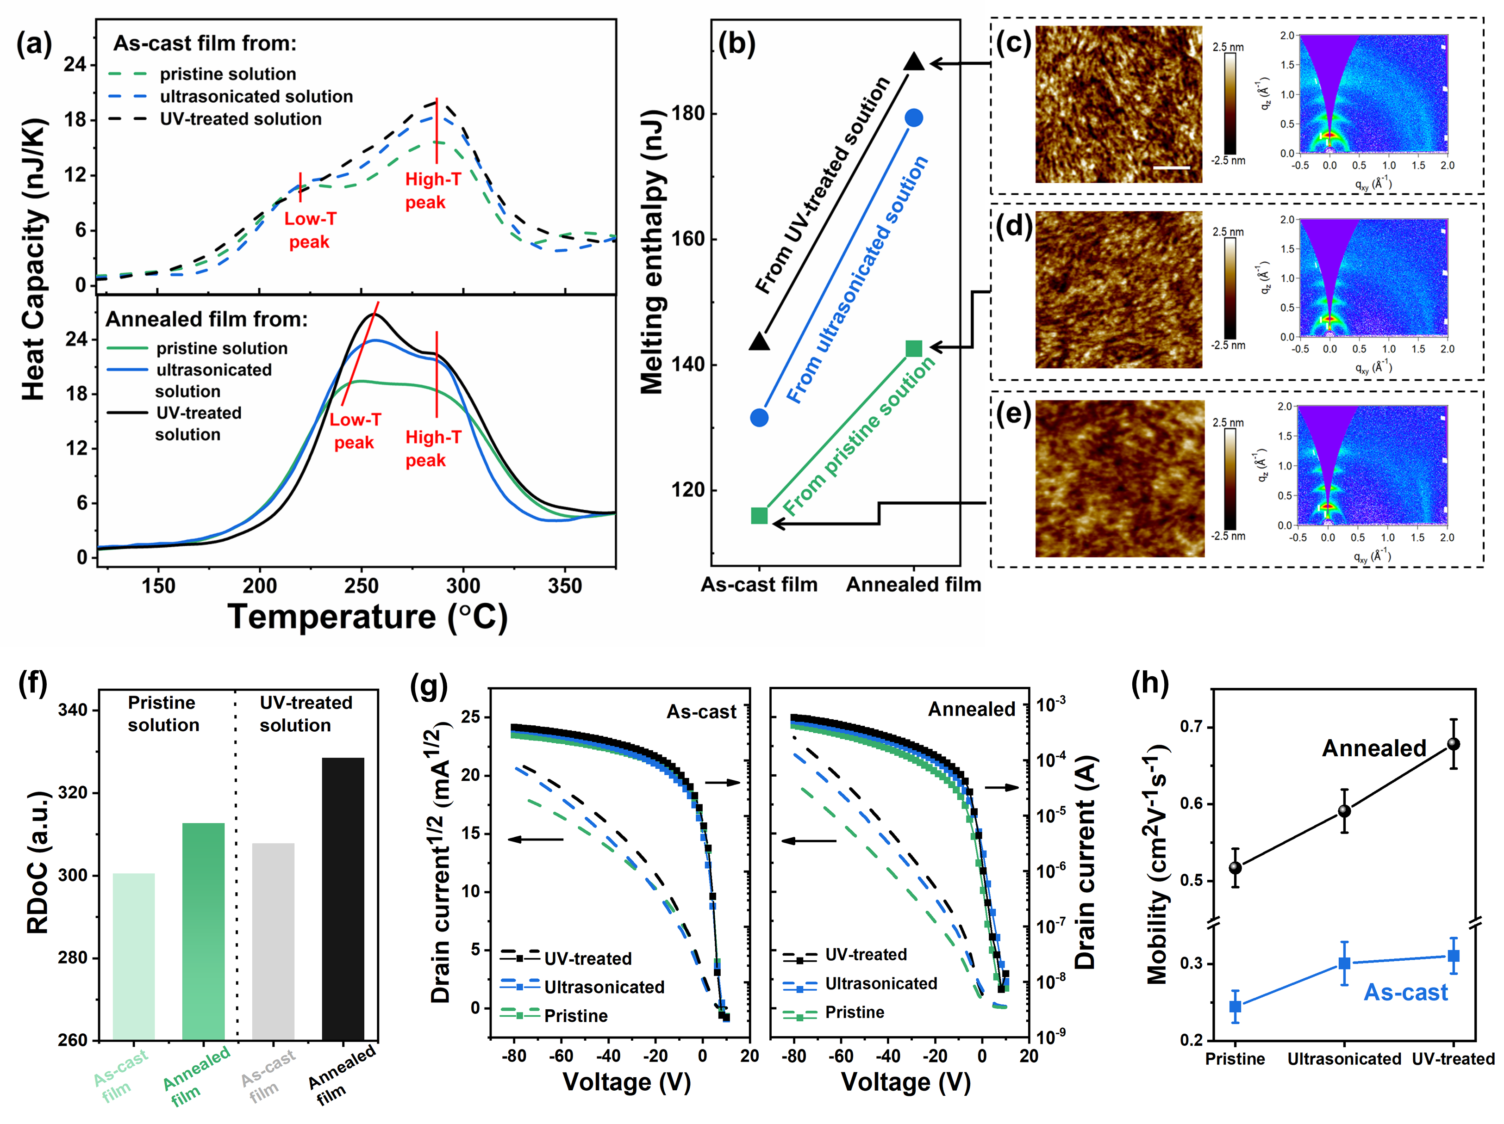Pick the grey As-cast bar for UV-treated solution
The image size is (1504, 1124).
(x=273, y=941)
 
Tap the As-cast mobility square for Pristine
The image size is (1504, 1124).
(x=1236, y=1007)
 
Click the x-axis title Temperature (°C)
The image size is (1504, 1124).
(x=367, y=617)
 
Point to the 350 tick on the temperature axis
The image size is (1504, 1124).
(x=564, y=586)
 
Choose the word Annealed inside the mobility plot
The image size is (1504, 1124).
(x=1373, y=748)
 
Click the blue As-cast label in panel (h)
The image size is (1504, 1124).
(x=1405, y=992)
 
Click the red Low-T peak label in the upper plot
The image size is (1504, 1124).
(x=310, y=230)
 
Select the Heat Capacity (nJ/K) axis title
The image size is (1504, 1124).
(x=34, y=258)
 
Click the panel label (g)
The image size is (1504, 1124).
(x=429, y=685)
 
